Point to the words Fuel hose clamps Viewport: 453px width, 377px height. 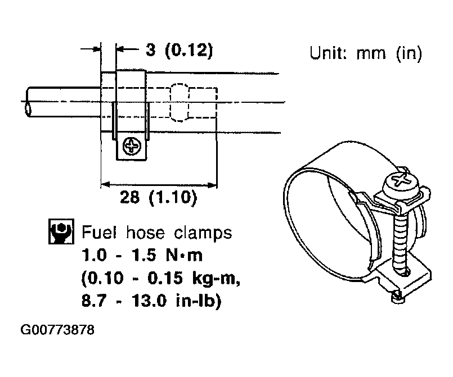[x=156, y=232]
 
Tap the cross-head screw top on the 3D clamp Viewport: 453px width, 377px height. [x=401, y=181]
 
